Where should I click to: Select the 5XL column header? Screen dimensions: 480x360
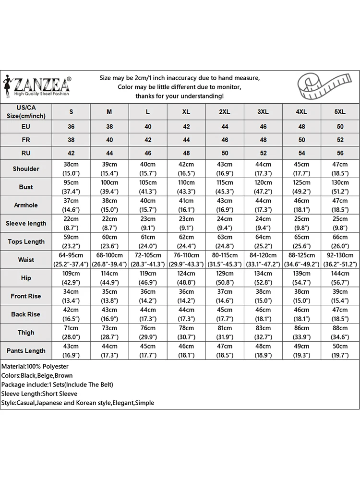[x=339, y=112]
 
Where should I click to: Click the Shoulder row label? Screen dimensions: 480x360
[x=26, y=169]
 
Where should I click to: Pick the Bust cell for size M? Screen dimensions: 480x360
[x=109, y=187]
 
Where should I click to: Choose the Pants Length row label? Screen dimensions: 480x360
[x=26, y=351]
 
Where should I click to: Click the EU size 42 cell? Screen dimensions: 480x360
[x=186, y=127]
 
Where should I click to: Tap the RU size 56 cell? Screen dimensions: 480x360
[x=339, y=154]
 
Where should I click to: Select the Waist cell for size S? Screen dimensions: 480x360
[x=71, y=260]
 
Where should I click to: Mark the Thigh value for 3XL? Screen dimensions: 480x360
[x=263, y=333]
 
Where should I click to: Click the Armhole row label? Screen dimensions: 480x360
[x=26, y=205]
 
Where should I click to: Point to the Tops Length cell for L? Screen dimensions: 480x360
[x=148, y=241]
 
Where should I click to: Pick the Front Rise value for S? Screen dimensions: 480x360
[x=71, y=296]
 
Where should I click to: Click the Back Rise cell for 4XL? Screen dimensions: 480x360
[x=301, y=314]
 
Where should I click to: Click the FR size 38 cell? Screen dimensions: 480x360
[x=71, y=140]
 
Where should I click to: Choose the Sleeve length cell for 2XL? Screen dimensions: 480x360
[x=224, y=223]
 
